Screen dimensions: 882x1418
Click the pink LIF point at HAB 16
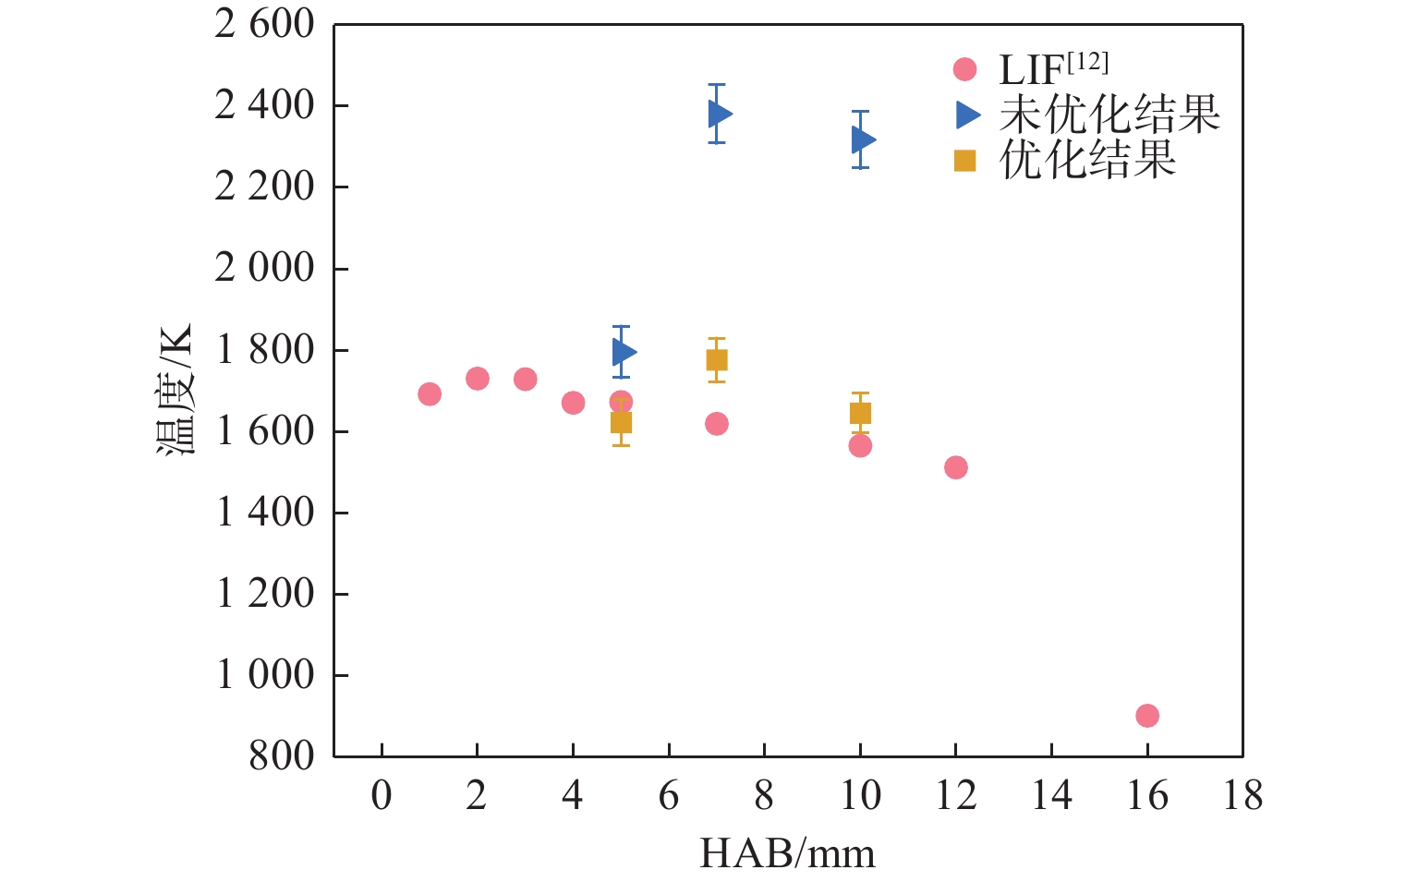tap(1146, 715)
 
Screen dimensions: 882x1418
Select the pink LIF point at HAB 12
tap(955, 467)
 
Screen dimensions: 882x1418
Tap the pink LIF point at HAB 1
tap(430, 394)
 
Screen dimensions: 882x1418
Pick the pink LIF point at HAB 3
tap(525, 379)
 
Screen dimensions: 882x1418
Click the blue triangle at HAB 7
tap(719, 114)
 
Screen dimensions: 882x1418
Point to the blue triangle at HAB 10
tap(862, 139)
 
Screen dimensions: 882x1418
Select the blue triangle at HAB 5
tap(623, 352)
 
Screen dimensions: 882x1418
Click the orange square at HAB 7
tap(717, 360)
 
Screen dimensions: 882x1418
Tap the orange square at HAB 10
tap(860, 413)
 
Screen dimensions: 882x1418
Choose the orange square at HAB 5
tap(621, 422)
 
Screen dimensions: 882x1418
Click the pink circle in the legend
tap(964, 69)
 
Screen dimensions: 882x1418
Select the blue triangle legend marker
tap(966, 115)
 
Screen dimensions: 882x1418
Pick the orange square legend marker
tap(964, 161)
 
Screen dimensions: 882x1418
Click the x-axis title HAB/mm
tap(787, 853)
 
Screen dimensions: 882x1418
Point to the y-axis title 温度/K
tap(175, 390)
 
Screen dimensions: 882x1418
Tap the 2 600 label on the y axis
tap(264, 25)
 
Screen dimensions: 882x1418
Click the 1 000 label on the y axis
tap(264, 675)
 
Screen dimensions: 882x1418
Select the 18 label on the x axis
tap(1242, 796)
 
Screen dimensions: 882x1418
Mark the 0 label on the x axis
tap(382, 796)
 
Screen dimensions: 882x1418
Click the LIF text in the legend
tap(1031, 70)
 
